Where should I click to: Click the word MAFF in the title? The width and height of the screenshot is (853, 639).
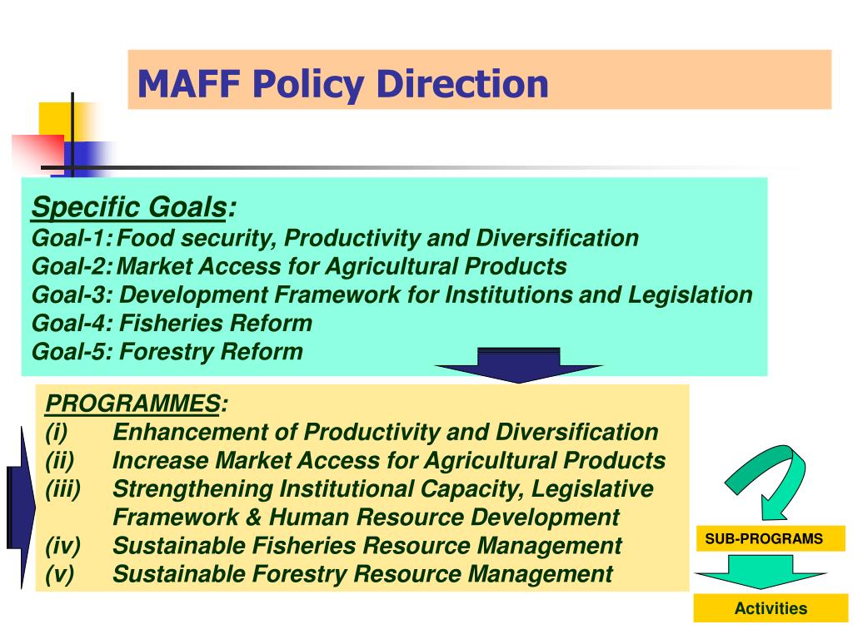[189, 84]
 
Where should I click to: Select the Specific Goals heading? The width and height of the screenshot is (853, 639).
[134, 207]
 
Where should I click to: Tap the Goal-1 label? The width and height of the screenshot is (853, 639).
[72, 238]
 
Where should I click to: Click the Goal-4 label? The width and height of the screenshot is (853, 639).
[72, 323]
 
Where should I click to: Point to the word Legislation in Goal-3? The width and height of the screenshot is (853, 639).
[691, 295]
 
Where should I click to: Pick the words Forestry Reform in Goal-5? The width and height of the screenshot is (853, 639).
[211, 352]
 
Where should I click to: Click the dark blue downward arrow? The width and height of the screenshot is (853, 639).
[519, 365]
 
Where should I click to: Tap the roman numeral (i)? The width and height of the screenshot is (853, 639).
[57, 433]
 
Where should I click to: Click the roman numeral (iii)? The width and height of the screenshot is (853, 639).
[63, 489]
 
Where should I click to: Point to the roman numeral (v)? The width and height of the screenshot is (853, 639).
[60, 574]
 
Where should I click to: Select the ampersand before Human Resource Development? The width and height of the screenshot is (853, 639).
[253, 518]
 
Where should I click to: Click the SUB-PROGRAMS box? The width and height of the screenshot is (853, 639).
[764, 538]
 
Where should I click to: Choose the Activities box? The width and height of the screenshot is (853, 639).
[771, 608]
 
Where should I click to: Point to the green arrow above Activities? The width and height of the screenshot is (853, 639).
[761, 572]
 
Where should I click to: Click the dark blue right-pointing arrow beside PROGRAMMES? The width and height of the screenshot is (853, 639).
[22, 508]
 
